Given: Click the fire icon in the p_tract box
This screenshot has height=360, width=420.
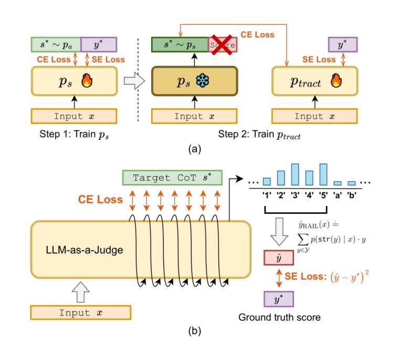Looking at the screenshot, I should coord(335,81).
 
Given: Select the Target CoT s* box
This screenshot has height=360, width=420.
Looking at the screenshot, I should coord(163,178).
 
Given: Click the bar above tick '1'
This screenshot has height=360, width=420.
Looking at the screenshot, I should coord(267,181).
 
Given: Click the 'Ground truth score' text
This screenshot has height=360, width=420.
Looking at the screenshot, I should coord(275,317).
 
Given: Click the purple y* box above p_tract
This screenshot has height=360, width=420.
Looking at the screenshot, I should coord(343,44).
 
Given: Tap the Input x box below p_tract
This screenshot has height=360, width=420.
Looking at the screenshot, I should coord(314,116).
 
